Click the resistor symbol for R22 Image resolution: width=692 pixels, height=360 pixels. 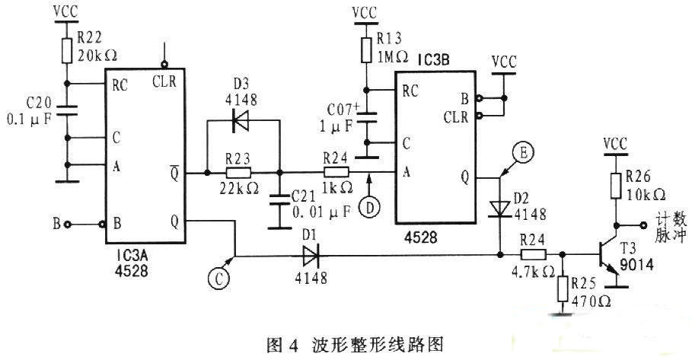pos(67,50)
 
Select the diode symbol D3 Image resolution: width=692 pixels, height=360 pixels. pos(241,120)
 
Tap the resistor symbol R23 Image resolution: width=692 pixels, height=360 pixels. pos(238,173)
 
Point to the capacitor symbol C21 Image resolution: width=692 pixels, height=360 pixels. pos(279,199)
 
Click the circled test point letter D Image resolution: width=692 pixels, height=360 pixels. pos(369,207)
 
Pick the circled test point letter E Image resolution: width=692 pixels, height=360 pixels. pos(523,153)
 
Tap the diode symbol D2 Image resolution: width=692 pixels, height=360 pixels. pos(500,209)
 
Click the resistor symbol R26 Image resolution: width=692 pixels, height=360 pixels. pos(616,186)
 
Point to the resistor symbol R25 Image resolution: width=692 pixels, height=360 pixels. pos(563,288)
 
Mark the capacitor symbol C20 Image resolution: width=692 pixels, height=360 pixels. pos(67,110)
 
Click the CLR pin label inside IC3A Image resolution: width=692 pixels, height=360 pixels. pos(164,81)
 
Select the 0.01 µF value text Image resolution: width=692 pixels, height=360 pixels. pos(322,212)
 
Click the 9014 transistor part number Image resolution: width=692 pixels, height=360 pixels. pos(636,265)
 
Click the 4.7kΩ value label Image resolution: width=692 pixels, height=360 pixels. pos(533,272)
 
